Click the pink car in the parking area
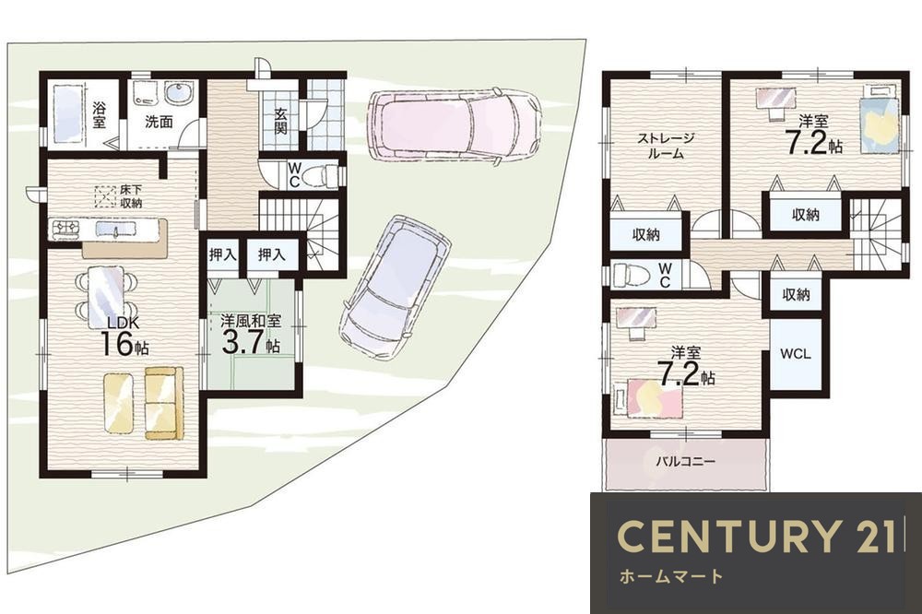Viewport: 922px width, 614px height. [453, 124]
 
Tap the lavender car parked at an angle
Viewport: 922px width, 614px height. [395, 288]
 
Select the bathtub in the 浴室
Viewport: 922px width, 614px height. [68, 114]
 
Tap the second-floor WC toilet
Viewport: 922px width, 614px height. [632, 275]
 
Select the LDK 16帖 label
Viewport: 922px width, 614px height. [124, 337]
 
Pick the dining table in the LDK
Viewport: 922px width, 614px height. [106, 297]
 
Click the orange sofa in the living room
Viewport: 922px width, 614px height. [162, 403]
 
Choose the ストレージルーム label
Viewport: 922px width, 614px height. [667, 147]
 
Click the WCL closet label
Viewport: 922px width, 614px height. [795, 353]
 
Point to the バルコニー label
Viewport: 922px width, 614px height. [686, 461]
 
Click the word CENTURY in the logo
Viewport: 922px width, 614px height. [728, 537]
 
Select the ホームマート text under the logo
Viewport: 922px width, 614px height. [671, 576]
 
